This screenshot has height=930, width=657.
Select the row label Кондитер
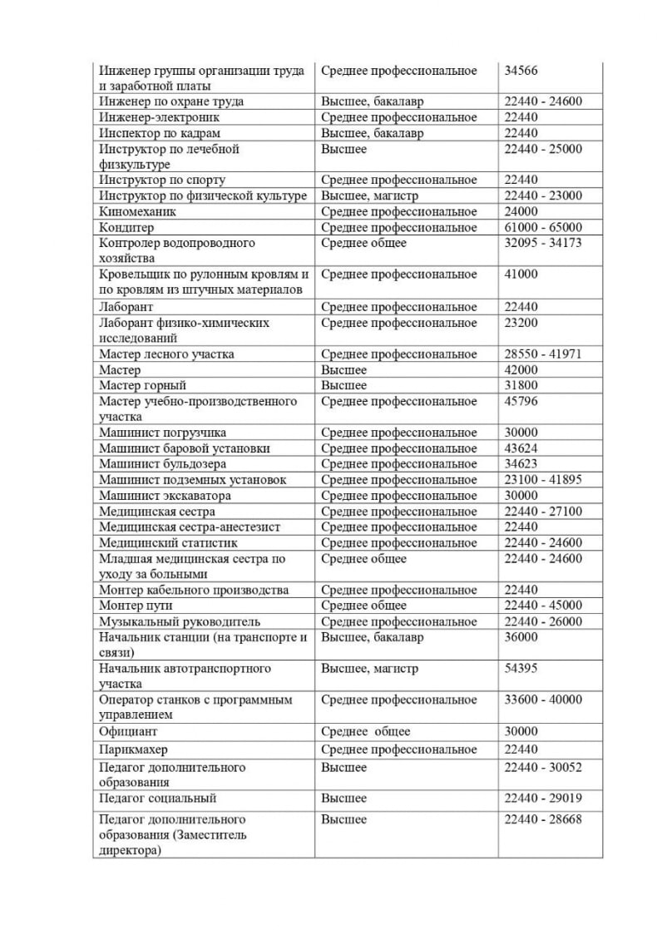coord(126,228)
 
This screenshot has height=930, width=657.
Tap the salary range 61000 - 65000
coord(543,228)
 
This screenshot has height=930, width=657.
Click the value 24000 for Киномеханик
coord(521,212)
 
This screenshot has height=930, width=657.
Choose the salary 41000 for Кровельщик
coord(521,275)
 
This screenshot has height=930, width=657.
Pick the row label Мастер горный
coord(142,386)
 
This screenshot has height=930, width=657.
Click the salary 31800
coord(521,386)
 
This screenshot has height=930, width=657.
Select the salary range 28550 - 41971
coord(543,354)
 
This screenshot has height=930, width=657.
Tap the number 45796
coord(521,402)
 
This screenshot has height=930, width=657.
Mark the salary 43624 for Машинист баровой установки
coord(521,448)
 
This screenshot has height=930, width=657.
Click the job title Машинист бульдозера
coord(162,464)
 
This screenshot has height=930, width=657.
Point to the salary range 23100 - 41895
coord(543,480)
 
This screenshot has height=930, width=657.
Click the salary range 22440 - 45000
coord(543,606)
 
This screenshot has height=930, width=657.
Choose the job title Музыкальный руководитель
coord(180,621)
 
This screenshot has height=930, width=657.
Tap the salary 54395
coord(521,669)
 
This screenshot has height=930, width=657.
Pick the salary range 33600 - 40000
coord(543,700)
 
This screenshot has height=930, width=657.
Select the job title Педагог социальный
coord(157,799)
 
